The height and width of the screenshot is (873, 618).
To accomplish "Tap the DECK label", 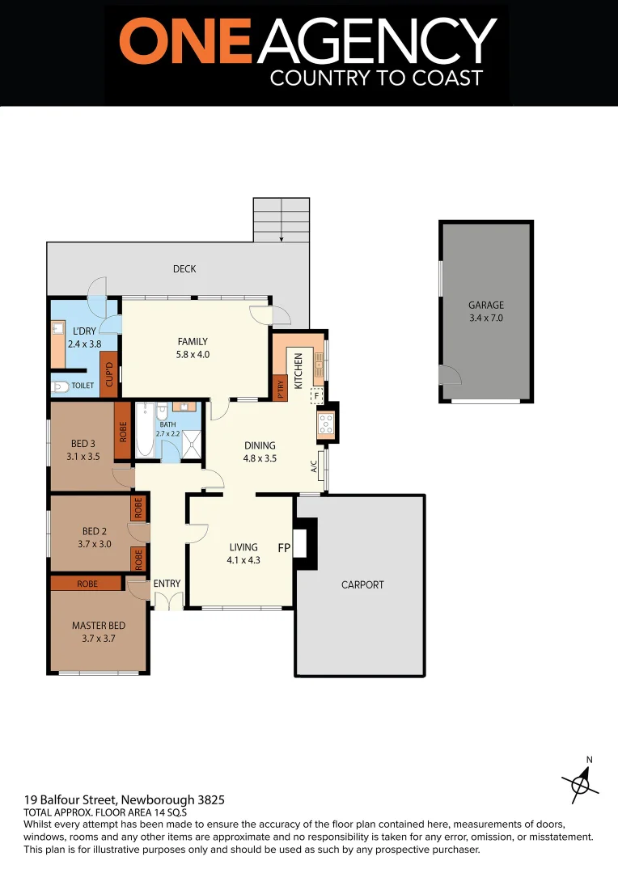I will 184,269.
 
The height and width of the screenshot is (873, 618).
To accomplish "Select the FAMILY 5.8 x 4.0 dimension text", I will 193,354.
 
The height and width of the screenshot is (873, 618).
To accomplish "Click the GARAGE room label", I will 486,305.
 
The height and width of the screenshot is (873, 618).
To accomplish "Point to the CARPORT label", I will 362,584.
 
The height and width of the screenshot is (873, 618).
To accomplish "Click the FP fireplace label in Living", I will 284,548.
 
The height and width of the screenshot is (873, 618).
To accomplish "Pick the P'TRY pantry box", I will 280,390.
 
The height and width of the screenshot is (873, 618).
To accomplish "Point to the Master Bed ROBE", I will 87,583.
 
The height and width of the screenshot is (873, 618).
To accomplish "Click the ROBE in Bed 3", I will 123,431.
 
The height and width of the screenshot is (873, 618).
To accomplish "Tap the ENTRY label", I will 167,584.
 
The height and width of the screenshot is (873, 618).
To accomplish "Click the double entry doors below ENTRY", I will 167,601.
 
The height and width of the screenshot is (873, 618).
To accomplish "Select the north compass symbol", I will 581,782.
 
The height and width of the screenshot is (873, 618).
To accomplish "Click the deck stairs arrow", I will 281,236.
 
